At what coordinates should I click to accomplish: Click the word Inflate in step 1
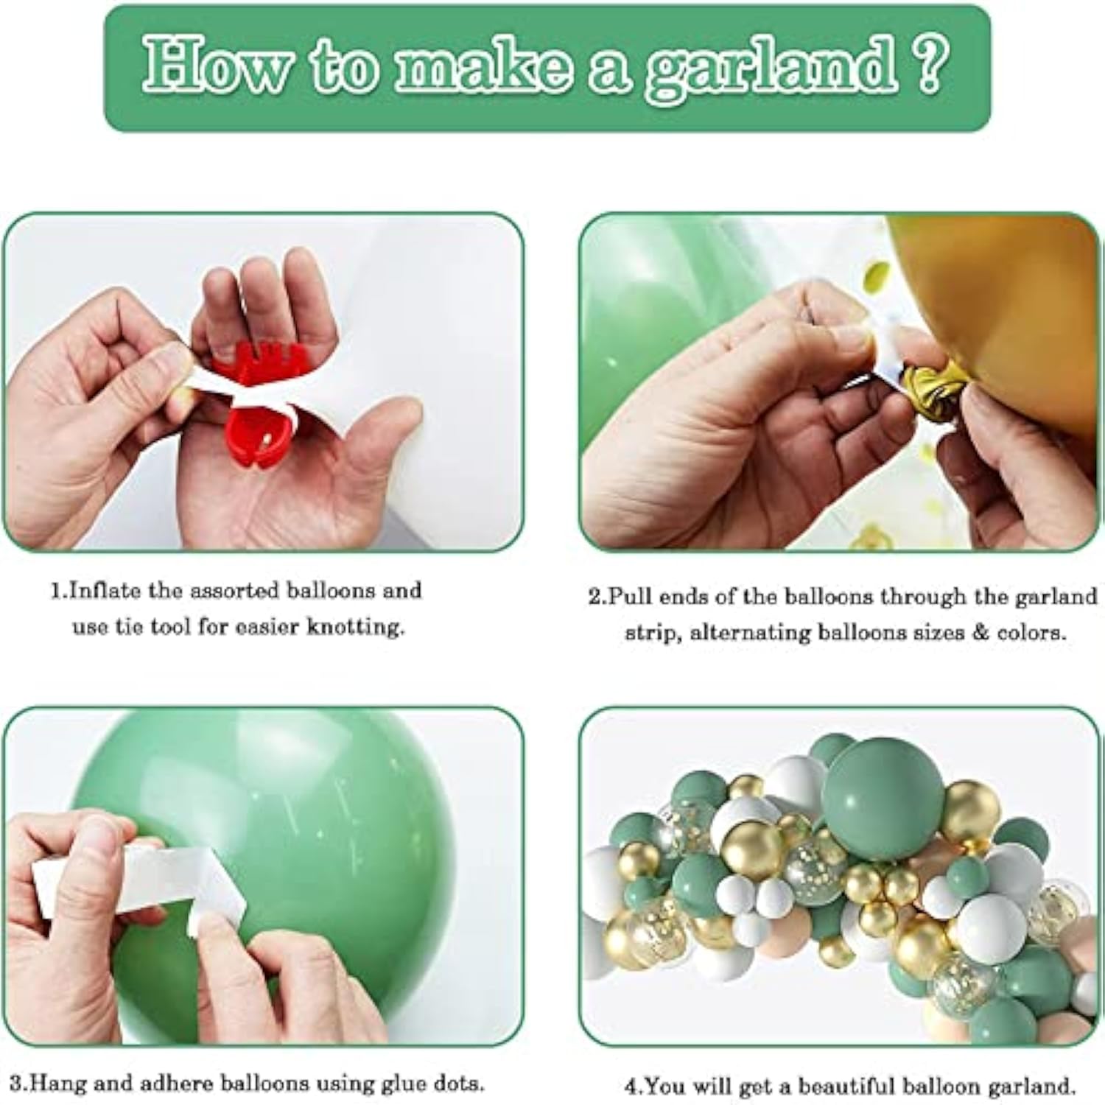coord(106,591)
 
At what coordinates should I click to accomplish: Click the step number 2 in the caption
coord(595,596)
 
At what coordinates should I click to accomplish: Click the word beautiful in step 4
coord(844,1086)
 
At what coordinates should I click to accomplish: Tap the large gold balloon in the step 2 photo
coord(1009,309)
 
